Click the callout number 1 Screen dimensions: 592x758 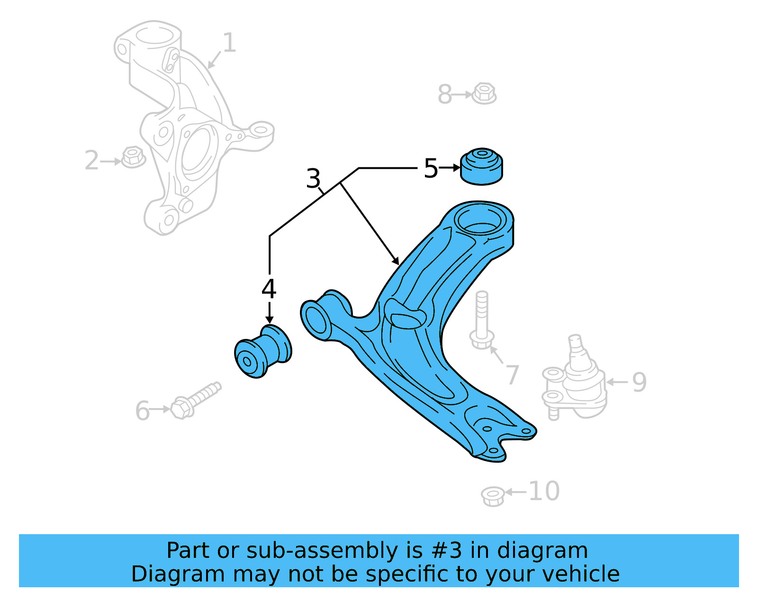[x=229, y=43]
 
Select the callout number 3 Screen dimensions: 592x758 [x=313, y=179]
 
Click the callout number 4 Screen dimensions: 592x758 [x=269, y=289]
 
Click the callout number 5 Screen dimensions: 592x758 [x=431, y=169]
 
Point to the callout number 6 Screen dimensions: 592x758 [x=142, y=410]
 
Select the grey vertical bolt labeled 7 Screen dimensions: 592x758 [x=482, y=320]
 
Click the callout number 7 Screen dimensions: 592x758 [x=512, y=375]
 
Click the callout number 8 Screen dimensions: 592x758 [x=445, y=94]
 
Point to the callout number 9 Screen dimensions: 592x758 [x=639, y=382]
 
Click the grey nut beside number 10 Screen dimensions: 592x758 [x=493, y=496]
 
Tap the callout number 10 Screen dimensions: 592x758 [x=543, y=491]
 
